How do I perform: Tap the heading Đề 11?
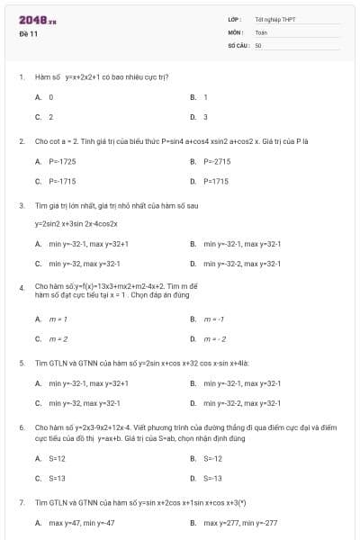click(28, 33)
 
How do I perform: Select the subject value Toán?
click(262, 31)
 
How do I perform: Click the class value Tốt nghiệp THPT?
click(275, 19)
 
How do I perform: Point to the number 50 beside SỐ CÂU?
click(258, 44)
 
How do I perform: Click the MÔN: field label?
click(236, 31)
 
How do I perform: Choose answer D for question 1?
click(205, 116)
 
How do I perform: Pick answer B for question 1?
click(205, 96)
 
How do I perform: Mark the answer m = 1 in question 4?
click(58, 319)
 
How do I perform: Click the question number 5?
click(21, 363)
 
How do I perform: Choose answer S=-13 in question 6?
click(212, 477)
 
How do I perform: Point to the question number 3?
click(21, 205)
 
